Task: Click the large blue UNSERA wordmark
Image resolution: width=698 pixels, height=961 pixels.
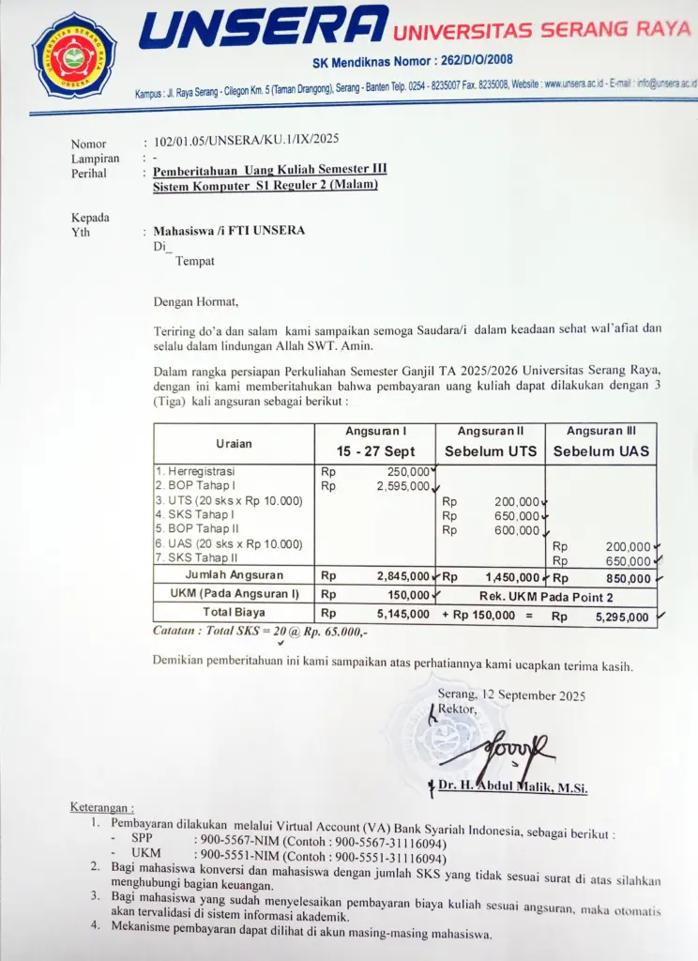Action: pos(263,27)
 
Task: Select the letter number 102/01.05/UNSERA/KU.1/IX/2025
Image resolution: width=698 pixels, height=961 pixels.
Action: pos(247,141)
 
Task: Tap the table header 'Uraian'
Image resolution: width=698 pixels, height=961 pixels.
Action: pos(234,443)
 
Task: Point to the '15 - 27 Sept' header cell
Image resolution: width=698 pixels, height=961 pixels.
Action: pos(375,451)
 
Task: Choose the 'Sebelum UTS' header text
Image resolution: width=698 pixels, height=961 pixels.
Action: pos(491,451)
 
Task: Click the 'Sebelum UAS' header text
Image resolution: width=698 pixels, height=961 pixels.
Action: pos(600,451)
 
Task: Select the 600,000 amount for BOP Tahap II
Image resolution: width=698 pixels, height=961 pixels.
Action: pos(517,530)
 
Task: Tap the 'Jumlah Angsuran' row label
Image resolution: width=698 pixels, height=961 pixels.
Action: pos(234,575)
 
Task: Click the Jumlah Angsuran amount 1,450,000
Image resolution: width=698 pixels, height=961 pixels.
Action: pos(512,577)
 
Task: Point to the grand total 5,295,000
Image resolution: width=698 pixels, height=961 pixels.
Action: pos(622,618)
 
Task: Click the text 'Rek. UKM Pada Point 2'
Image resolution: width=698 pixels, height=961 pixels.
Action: pos(546,596)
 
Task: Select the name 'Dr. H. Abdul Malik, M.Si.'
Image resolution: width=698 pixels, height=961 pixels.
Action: pos(512,787)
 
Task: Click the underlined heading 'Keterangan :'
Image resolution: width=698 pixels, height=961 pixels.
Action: pos(102,807)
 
